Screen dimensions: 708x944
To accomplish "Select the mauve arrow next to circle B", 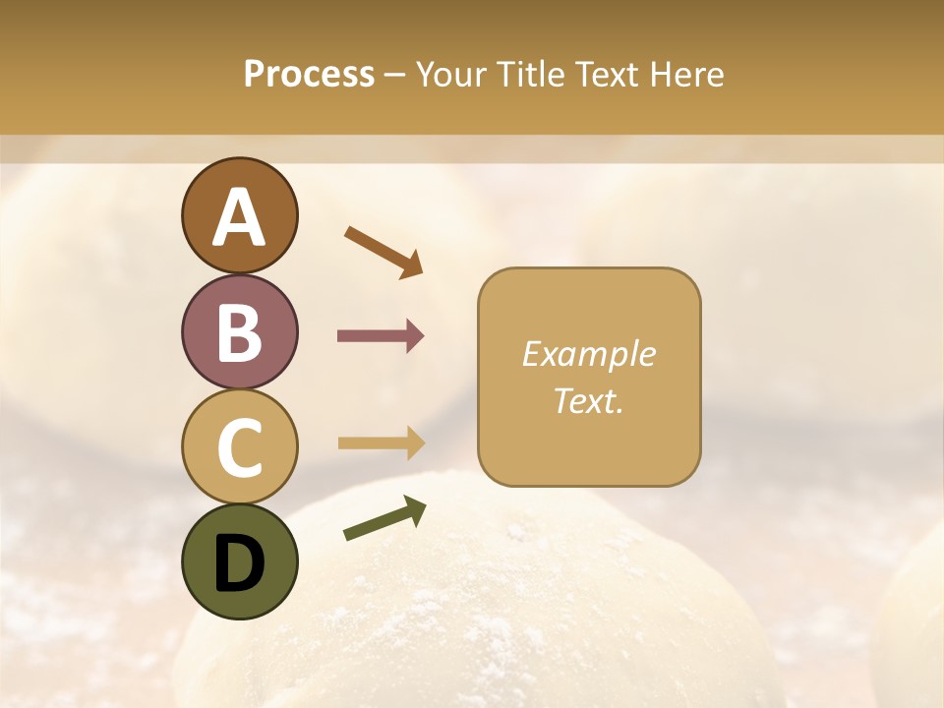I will [381, 336].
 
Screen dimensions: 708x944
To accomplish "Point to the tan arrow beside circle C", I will [381, 443].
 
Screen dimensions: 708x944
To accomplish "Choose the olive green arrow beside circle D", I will [383, 518].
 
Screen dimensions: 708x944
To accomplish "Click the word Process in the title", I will [309, 74].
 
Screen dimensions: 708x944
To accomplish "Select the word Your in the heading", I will [451, 74].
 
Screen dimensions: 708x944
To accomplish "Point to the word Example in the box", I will [589, 354].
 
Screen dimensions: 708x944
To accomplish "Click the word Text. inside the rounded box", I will [589, 400].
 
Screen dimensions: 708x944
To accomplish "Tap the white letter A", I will [240, 217].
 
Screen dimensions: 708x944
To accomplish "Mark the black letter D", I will [240, 563].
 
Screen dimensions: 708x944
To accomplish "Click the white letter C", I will [240, 448].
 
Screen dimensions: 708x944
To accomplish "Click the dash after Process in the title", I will [395, 76].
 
